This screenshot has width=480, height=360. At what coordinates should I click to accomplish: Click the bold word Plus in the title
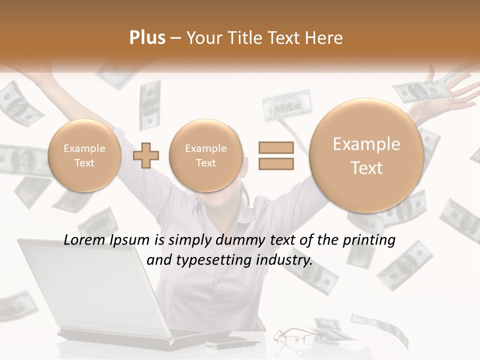147,38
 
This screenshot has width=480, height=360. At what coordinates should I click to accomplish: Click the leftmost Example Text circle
84,155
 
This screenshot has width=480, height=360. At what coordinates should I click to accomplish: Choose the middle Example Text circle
205,155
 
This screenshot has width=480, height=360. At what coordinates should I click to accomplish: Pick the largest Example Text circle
366,155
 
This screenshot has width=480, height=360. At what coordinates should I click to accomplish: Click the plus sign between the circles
146,155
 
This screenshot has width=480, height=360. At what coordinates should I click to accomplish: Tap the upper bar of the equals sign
276,147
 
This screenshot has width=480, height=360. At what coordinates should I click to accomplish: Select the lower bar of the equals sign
276,163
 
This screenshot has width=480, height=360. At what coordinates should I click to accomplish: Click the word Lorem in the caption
82,240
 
